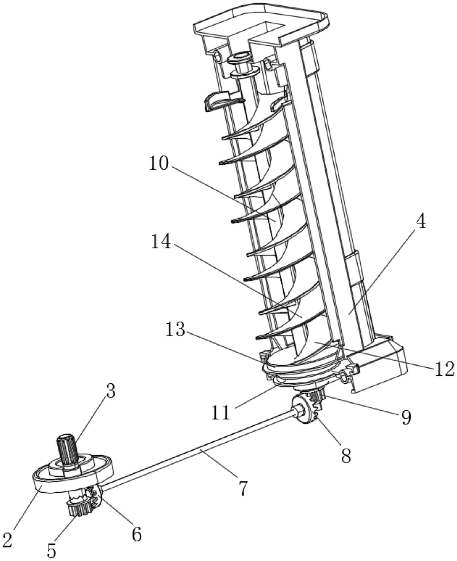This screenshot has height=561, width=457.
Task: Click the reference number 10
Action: click(158, 164)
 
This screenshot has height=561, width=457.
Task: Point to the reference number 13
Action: click(175, 329)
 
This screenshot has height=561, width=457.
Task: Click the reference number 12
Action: click(443, 369)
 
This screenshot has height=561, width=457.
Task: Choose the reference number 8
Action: click(346, 455)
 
